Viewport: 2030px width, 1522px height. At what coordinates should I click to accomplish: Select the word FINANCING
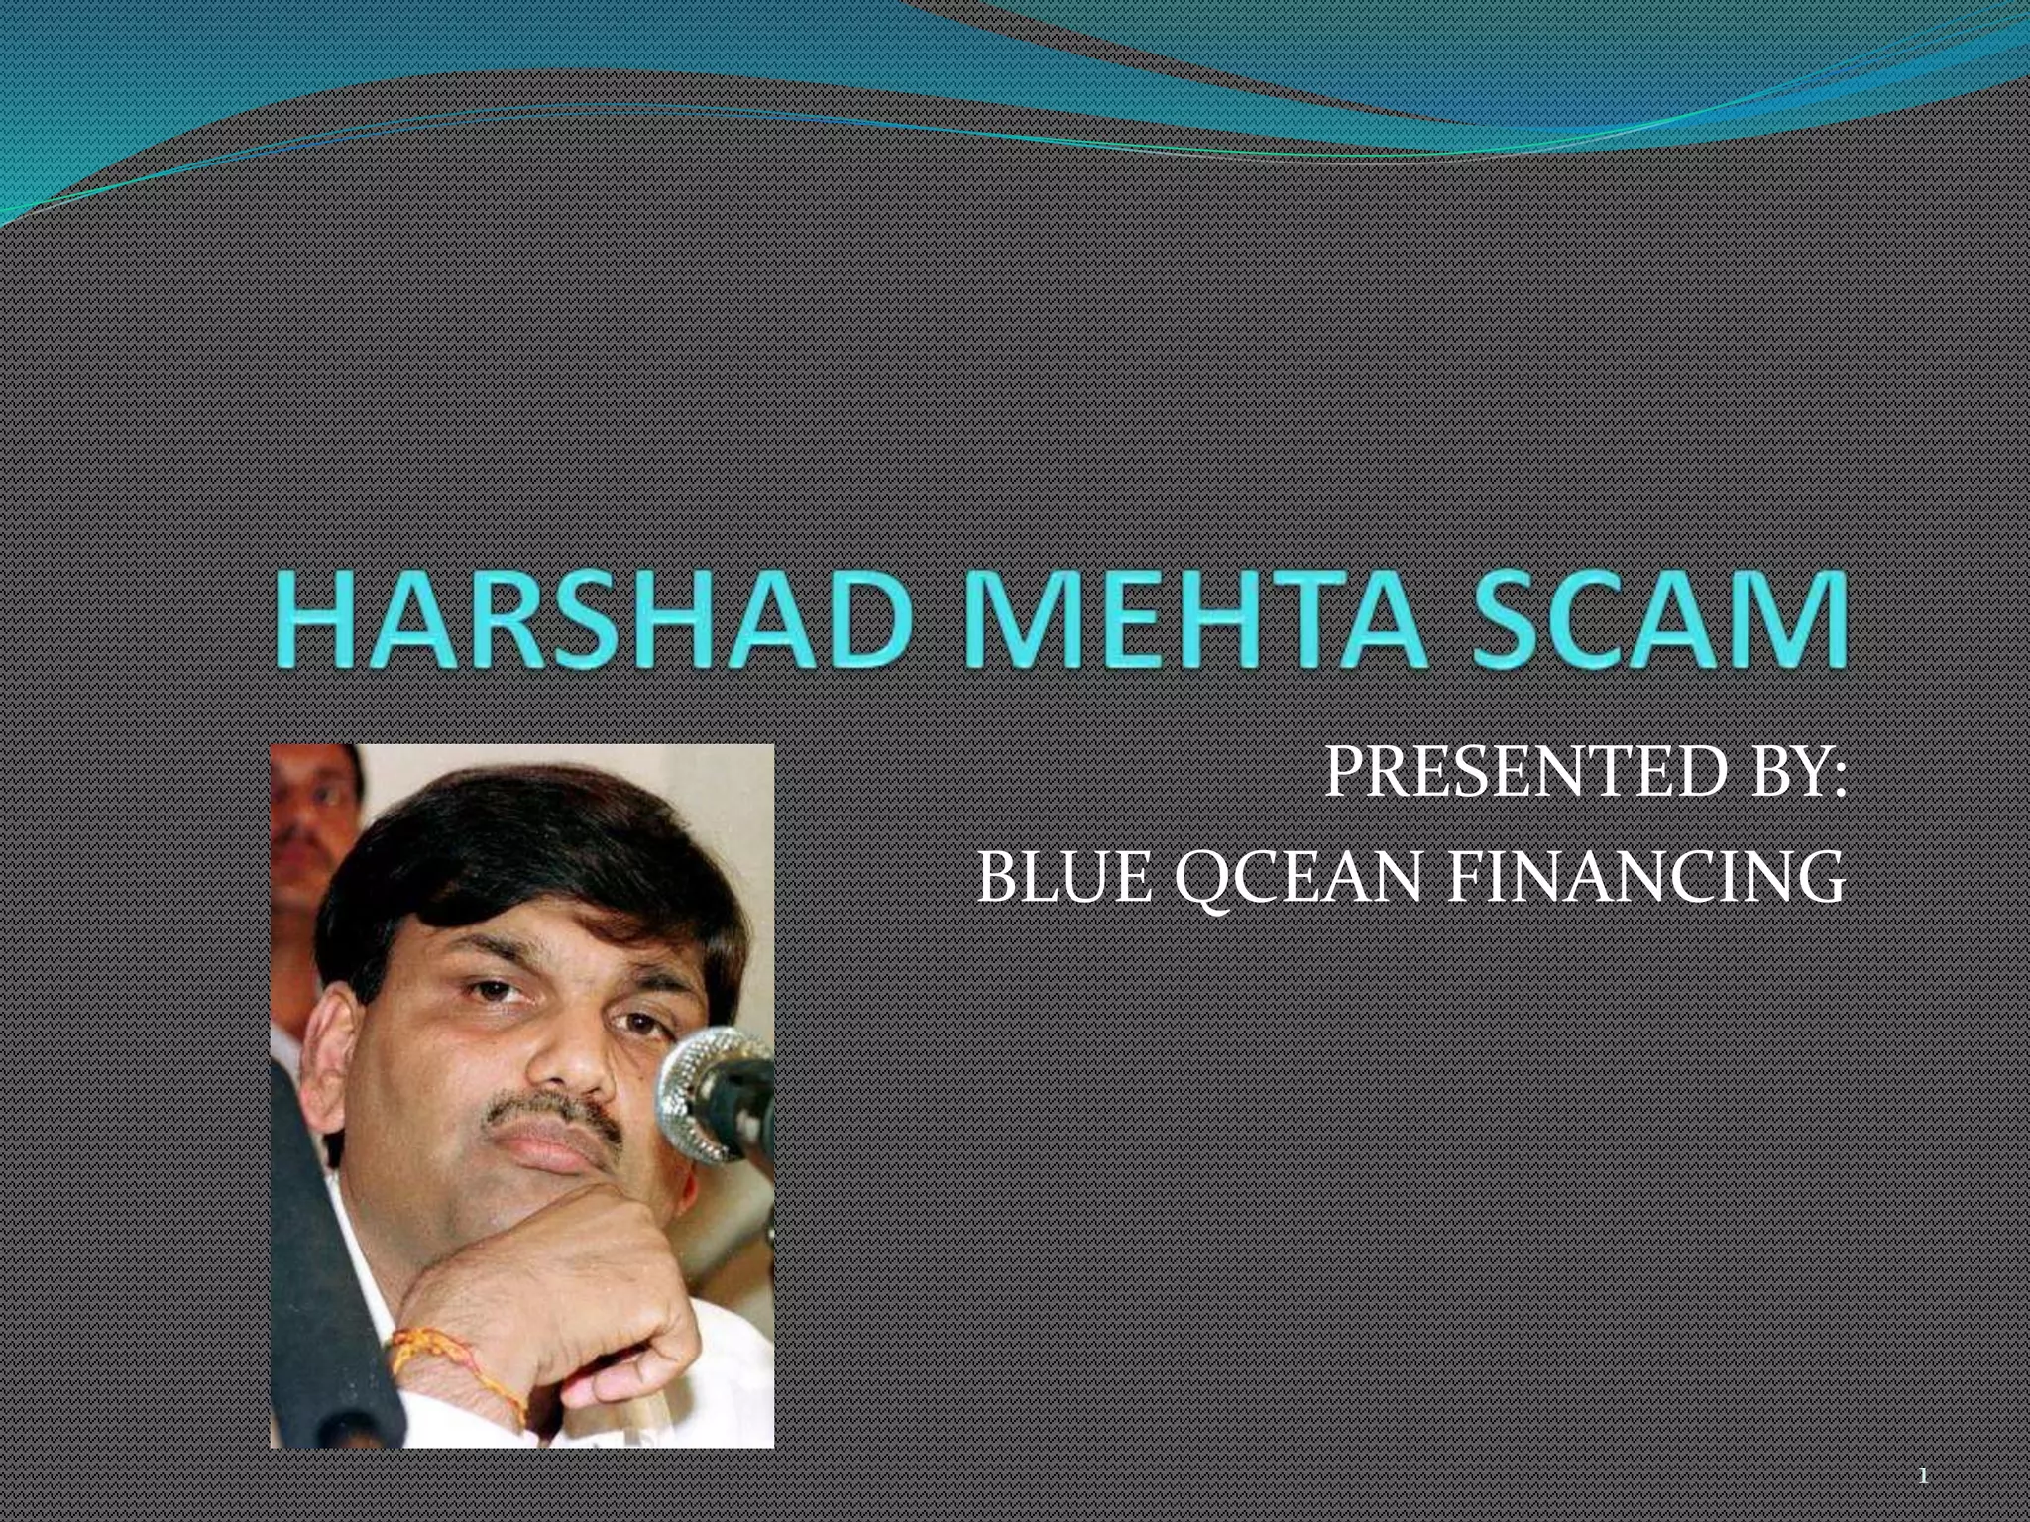[1646, 878]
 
